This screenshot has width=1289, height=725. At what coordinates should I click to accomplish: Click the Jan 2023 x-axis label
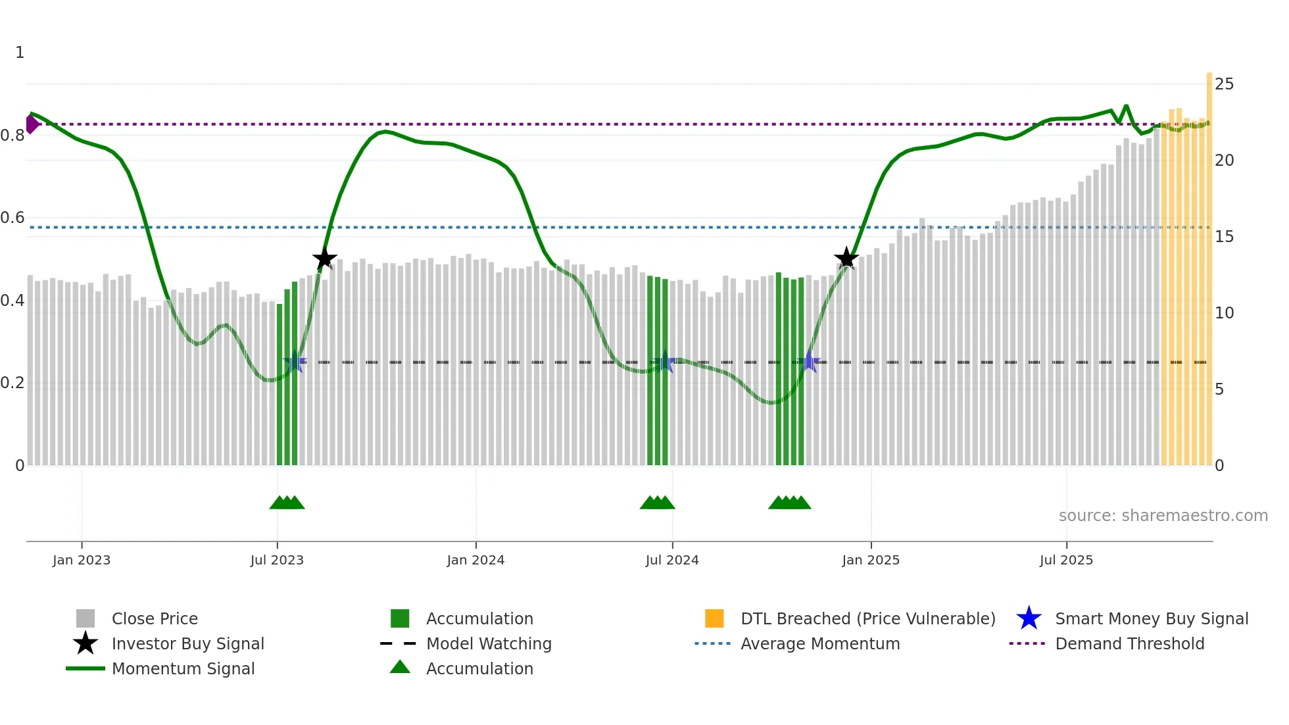click(82, 560)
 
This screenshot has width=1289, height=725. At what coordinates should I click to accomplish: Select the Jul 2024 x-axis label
click(672, 560)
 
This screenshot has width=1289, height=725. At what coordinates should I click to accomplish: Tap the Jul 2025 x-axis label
click(1066, 560)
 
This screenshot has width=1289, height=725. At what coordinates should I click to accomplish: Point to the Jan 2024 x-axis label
click(475, 560)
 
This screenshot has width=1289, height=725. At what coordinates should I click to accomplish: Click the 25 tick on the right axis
click(1224, 84)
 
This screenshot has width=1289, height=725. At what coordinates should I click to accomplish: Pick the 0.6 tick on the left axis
click(12, 218)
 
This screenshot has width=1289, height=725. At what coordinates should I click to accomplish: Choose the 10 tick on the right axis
click(1224, 313)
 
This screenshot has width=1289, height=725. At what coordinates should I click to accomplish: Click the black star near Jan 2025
click(846, 259)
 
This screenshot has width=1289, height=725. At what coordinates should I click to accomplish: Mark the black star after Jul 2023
click(324, 259)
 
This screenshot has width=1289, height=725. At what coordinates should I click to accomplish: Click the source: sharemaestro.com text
click(1163, 516)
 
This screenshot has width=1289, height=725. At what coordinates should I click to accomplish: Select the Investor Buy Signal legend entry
click(187, 643)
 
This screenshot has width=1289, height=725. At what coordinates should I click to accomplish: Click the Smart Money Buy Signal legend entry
click(1151, 618)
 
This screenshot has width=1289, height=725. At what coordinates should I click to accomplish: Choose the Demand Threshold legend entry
click(1129, 643)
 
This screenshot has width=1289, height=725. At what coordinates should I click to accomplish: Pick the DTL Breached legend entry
click(867, 618)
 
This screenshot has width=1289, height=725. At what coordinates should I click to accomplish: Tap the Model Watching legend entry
click(489, 643)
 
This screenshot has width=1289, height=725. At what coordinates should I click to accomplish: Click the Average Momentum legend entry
click(819, 643)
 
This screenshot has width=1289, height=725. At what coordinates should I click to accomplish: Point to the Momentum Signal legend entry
click(183, 668)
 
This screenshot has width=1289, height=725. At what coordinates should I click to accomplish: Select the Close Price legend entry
click(155, 618)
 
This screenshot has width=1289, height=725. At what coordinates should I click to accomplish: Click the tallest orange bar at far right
click(1209, 263)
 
